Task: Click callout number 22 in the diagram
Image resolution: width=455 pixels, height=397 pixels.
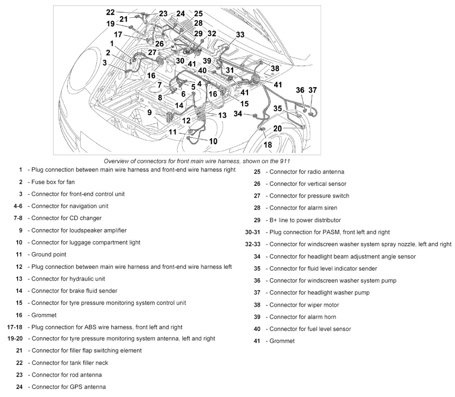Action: tap(110, 12)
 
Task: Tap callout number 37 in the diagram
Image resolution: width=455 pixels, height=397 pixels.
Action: tap(313, 90)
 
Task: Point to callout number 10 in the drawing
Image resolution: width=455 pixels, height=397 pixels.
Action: tap(213, 141)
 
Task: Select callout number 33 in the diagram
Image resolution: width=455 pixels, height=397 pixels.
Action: tap(240, 35)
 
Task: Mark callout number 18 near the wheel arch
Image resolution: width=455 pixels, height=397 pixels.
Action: tap(268, 144)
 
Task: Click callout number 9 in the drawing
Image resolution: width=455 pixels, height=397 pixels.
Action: tap(149, 112)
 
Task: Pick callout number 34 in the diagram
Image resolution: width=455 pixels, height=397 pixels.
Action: tap(238, 114)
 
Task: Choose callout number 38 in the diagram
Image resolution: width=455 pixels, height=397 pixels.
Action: tap(275, 68)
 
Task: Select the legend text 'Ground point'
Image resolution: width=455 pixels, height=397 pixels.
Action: tap(49, 254)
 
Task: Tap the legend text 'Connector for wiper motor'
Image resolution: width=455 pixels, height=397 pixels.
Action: tap(304, 305)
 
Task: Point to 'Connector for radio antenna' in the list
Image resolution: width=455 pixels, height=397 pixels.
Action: tap(307, 172)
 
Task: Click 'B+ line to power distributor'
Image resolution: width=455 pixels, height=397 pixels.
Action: tap(305, 220)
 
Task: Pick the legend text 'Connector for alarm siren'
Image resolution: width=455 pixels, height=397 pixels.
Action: tap(303, 208)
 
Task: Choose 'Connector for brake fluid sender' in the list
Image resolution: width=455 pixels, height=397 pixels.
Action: tap(74, 291)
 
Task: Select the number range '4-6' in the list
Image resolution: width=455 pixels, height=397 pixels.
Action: tap(18, 206)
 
